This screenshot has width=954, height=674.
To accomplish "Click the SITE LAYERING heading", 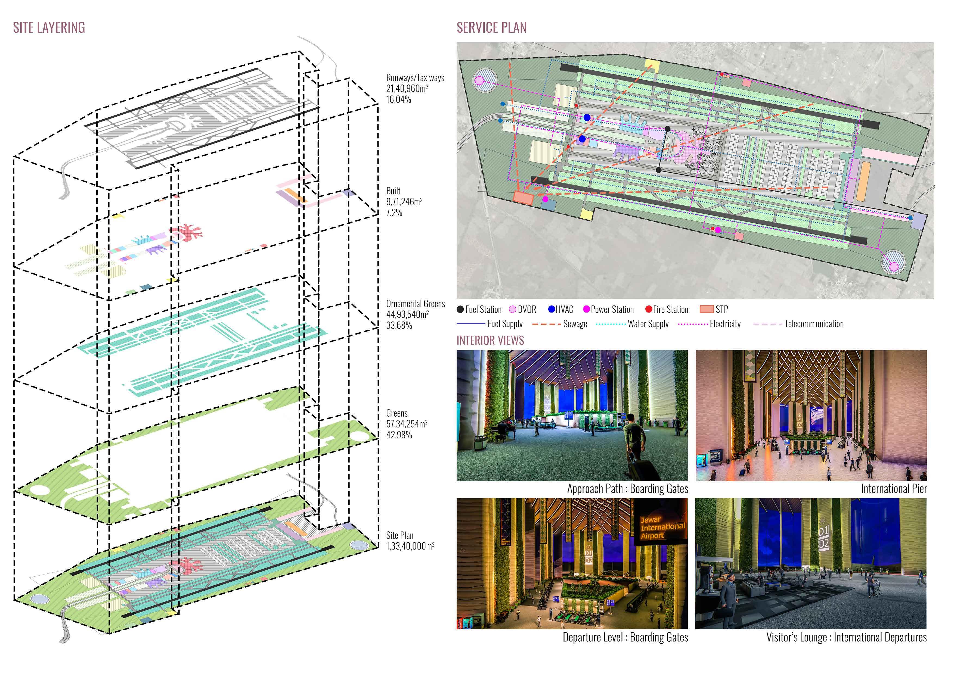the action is pos(49,27).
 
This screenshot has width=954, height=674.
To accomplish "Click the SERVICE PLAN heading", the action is pos(491,27).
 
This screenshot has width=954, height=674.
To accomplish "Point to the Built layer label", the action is pos(393,191).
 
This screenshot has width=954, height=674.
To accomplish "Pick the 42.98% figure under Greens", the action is pos(399,435).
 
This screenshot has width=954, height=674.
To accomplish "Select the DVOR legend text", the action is pos(527,309).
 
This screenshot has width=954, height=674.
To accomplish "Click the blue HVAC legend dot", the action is pos(551,309).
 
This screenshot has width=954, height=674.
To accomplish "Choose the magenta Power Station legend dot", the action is pos(586,309).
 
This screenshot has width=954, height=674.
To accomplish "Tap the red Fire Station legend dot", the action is pos(648,309).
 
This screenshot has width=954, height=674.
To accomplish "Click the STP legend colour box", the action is pos(706,309).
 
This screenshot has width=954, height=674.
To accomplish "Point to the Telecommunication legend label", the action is pos(814,324).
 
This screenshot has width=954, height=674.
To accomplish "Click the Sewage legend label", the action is pos(575,324).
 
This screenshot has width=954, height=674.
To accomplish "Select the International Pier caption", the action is pos(894,489).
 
